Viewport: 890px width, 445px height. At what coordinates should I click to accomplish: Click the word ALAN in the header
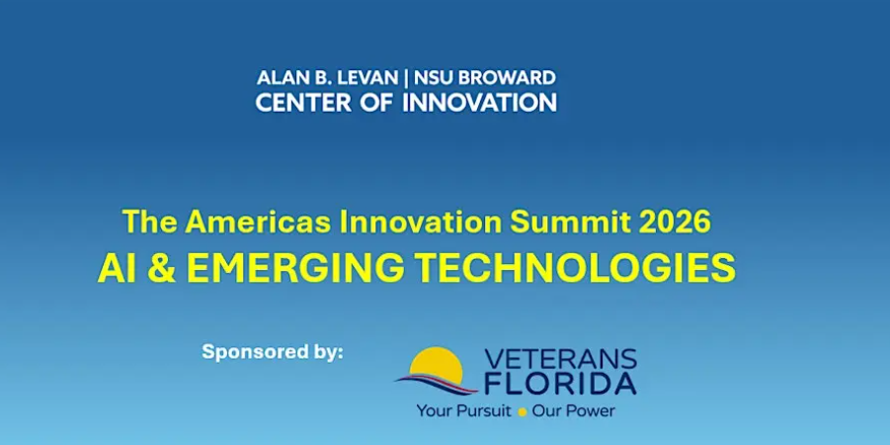[280, 77]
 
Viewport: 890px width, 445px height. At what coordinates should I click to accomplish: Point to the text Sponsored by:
[273, 351]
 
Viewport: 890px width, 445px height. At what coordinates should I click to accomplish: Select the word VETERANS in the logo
[560, 360]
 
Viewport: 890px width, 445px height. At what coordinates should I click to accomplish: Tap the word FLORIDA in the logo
[560, 384]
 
